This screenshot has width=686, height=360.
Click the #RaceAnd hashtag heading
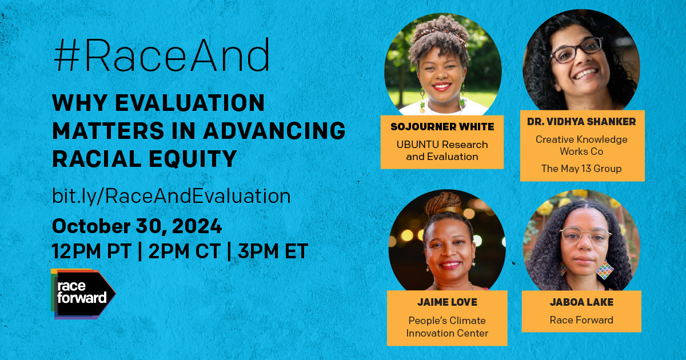click(161, 57)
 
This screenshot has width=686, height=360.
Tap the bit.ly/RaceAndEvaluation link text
click(171, 196)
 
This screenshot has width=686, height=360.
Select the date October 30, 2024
click(137, 226)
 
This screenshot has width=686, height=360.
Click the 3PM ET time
click(273, 251)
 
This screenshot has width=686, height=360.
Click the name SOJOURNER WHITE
click(442, 126)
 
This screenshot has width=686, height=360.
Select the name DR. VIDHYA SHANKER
click(582, 122)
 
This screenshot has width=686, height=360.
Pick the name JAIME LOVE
click(446, 302)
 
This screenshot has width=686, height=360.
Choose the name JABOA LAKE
click(581, 302)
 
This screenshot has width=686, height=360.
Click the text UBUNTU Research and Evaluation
click(442, 150)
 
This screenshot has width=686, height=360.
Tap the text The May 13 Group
click(582, 168)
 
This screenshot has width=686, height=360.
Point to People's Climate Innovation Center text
click(447, 327)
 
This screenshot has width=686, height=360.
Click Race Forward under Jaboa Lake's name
click(581, 320)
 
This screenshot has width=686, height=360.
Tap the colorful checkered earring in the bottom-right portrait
click(604, 269)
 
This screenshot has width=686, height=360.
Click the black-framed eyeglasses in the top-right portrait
click(575, 51)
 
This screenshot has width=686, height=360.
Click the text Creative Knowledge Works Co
click(581, 146)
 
